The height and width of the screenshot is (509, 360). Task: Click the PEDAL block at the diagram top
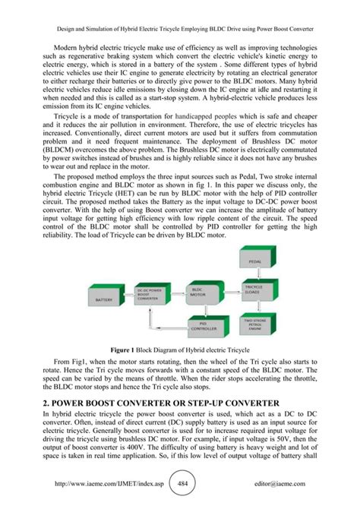254,261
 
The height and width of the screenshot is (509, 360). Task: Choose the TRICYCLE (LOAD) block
254,289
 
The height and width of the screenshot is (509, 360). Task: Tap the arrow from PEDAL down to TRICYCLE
254,274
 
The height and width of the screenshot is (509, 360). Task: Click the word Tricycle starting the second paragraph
65,121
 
